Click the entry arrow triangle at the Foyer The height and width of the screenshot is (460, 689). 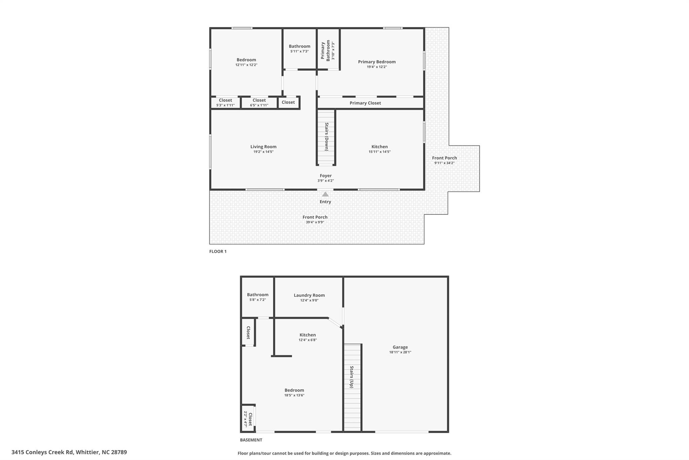point(325,194)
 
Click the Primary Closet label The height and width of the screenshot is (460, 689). point(365,103)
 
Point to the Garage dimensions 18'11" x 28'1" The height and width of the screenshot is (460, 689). point(400,352)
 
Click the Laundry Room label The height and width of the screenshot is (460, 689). point(309,295)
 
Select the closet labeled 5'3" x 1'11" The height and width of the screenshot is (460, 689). point(225,102)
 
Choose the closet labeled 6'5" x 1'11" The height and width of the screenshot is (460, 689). point(259,102)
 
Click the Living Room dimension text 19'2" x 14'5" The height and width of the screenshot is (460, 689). point(263,152)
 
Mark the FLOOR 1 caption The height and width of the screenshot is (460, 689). point(218,251)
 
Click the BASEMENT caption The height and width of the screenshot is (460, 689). point(251,440)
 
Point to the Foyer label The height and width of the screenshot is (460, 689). point(325,176)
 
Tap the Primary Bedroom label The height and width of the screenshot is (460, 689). point(376,62)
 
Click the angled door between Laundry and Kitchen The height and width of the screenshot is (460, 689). point(335,323)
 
